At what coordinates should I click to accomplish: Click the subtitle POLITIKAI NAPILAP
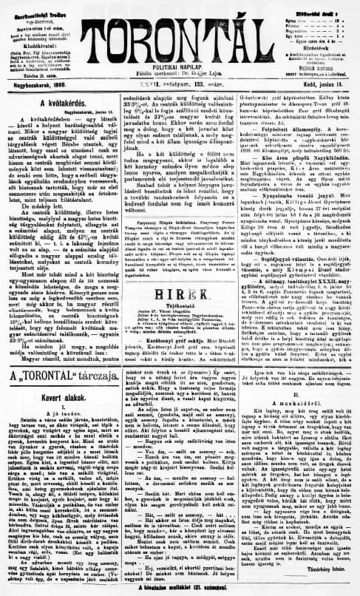click(180, 66)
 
